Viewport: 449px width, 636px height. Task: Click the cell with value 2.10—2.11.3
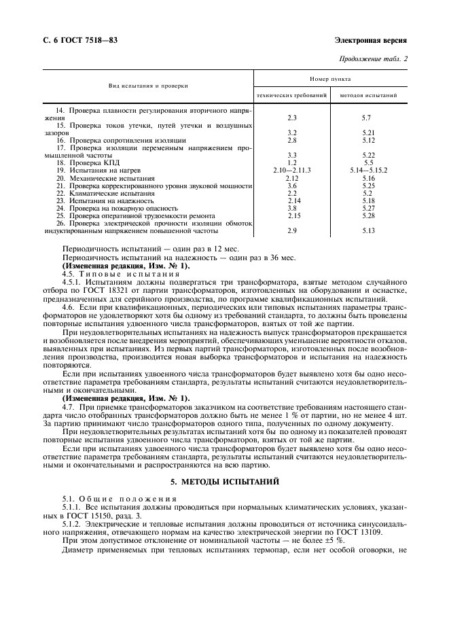click(292, 171)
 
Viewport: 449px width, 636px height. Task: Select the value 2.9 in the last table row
click(292, 231)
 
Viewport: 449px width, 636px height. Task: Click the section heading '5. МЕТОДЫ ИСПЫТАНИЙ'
click(225, 482)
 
